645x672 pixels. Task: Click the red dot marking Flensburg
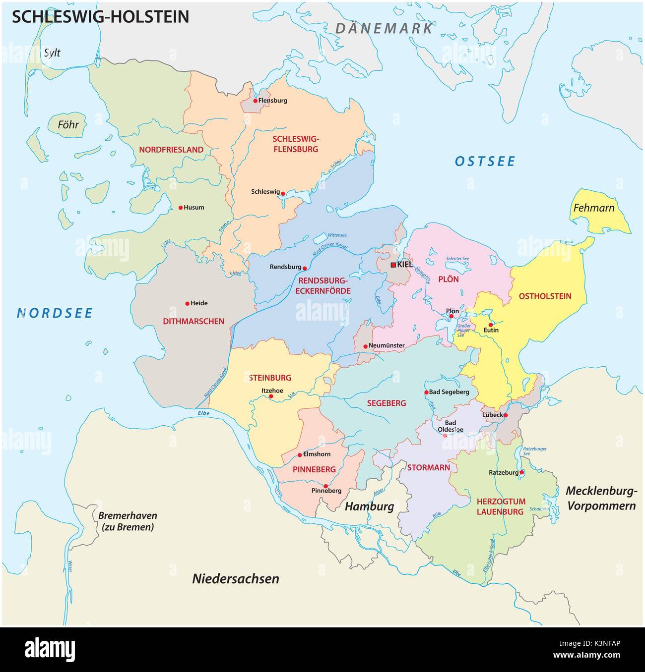click(255, 101)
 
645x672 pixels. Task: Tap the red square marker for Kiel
click(393, 265)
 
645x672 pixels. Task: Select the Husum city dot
click(180, 208)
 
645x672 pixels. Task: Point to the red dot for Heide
click(187, 303)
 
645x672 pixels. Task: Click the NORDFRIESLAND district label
click(171, 150)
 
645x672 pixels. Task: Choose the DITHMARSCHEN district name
click(193, 321)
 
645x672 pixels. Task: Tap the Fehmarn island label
click(593, 208)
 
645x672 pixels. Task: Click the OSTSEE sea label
click(485, 161)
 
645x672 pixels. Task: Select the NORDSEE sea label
click(55, 313)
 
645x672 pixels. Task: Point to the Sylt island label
click(52, 53)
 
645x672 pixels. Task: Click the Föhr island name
click(68, 124)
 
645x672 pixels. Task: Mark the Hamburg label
click(369, 506)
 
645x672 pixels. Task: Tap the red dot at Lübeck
click(506, 415)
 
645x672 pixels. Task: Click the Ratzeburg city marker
click(521, 472)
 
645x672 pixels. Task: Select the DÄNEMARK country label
click(384, 28)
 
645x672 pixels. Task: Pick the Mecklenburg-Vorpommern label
click(601, 498)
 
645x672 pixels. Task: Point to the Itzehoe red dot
click(271, 396)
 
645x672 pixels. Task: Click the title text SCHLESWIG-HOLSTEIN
click(100, 17)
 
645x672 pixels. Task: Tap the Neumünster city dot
click(365, 346)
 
